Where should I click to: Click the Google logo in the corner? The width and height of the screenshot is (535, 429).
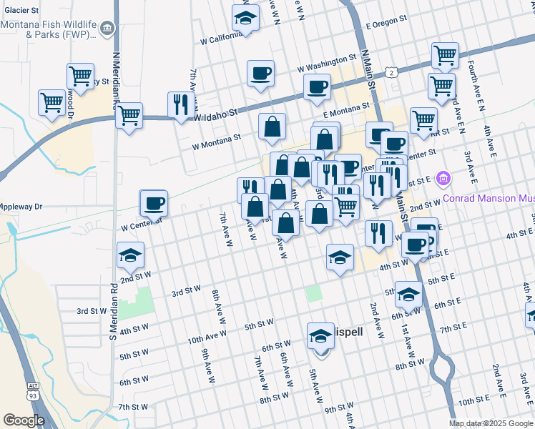[x=24, y=420]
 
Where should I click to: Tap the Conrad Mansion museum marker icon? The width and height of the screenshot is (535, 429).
[x=443, y=178]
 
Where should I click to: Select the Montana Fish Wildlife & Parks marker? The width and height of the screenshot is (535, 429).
[x=107, y=29]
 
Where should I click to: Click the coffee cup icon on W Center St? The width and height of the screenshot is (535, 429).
[x=154, y=204]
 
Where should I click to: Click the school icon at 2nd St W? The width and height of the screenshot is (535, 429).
[x=130, y=255]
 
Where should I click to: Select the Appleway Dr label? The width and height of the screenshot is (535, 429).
[x=21, y=206]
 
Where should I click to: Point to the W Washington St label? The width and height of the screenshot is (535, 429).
[x=327, y=59]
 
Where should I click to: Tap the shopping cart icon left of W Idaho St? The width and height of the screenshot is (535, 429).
[x=129, y=115]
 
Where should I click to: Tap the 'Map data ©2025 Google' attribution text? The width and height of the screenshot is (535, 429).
[x=491, y=423]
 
